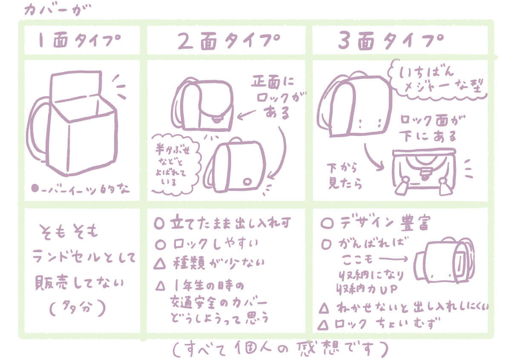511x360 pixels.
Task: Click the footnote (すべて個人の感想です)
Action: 281,349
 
